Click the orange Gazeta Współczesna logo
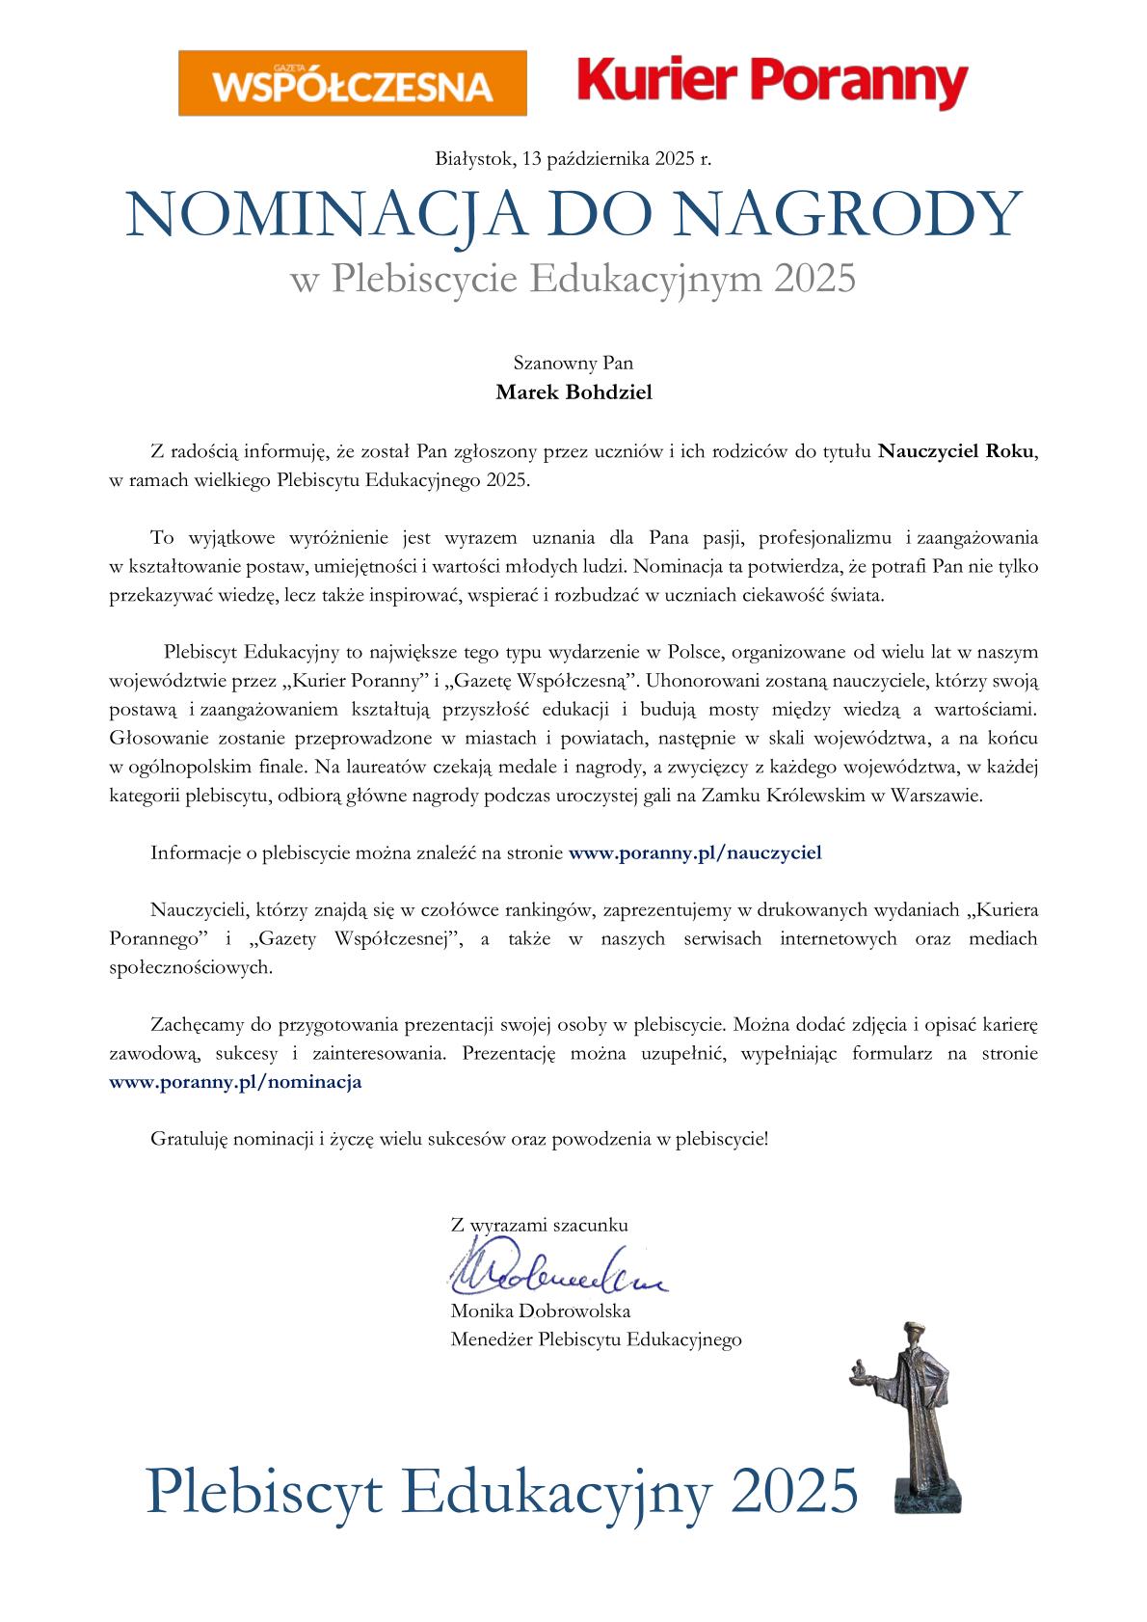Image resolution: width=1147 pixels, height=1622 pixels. (x=352, y=84)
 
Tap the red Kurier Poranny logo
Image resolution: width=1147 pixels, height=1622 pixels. (x=772, y=82)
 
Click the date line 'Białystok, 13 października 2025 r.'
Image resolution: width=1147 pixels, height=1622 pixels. (x=573, y=159)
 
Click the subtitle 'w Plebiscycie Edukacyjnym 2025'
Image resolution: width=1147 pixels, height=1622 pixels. (x=573, y=279)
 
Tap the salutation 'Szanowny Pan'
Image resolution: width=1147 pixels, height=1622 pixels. (x=573, y=364)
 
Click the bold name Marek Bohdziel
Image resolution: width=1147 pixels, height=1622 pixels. (x=573, y=392)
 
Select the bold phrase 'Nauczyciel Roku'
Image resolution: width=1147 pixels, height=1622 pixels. (x=957, y=451)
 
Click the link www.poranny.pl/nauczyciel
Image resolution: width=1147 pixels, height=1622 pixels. (x=695, y=852)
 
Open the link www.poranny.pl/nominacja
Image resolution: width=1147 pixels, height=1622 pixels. (x=235, y=1082)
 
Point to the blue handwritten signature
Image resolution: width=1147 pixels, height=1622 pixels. (x=555, y=1272)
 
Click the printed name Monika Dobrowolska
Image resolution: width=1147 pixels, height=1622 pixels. (x=541, y=1311)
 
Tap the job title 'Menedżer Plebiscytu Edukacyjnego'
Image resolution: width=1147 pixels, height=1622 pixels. (x=596, y=1339)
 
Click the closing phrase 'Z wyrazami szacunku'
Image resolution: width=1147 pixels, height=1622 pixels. (x=539, y=1226)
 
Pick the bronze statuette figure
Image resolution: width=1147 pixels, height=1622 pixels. (x=912, y=1398)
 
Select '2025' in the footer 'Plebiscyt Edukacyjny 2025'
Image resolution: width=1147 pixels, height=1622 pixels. (x=794, y=1492)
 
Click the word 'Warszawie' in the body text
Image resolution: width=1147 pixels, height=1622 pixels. (x=936, y=797)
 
